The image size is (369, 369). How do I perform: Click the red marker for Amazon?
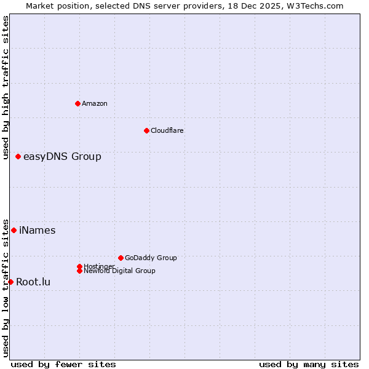coord(77,103)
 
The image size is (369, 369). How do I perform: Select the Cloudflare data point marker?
coord(146,130)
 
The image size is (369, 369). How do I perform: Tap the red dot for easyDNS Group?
coord(18,157)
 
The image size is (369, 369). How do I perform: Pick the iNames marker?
coord(14,230)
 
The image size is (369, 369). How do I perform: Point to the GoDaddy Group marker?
coord(121,258)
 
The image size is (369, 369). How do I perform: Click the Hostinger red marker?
coord(79,266)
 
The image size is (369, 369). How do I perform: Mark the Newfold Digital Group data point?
coord(79,271)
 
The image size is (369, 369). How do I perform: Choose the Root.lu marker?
coord(10,282)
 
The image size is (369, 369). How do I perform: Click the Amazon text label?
coord(95,103)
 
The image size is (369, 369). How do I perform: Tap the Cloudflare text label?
coord(167,130)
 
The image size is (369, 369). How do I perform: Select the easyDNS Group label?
coord(62,157)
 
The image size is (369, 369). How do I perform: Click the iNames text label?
coord(38,231)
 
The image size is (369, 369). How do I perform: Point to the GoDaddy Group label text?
coord(151,258)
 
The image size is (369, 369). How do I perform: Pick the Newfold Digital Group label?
coord(119,271)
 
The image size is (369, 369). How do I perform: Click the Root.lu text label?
coord(33,282)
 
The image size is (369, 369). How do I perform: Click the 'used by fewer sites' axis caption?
coord(63,364)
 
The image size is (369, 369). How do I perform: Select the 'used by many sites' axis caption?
coord(309,364)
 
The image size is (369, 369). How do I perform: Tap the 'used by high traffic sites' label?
coord(6,87)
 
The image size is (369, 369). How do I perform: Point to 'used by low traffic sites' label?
coord(6,287)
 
